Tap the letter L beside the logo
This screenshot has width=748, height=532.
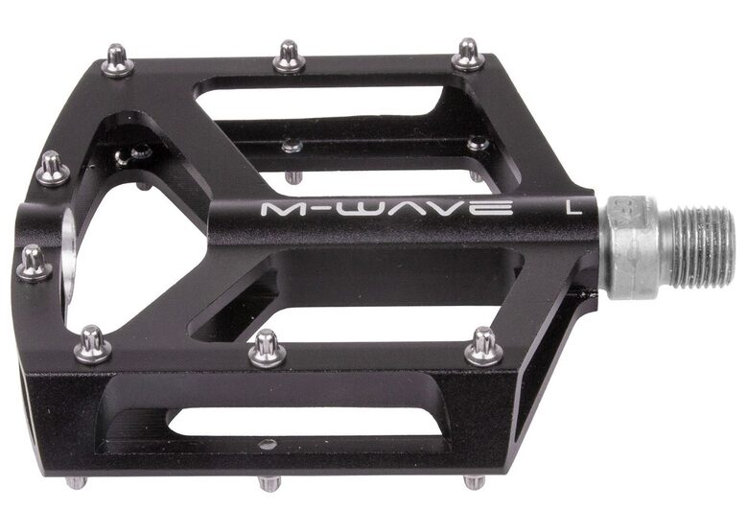(x=574, y=206)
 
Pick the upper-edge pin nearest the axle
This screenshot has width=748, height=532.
(x=469, y=55)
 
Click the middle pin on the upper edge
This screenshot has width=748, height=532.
(x=289, y=57)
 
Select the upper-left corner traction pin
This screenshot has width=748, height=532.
(x=117, y=61)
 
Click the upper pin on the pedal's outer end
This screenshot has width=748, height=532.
(x=52, y=170)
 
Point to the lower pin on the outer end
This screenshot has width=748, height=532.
(x=34, y=263)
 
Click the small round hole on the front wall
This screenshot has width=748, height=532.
(x=268, y=443)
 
